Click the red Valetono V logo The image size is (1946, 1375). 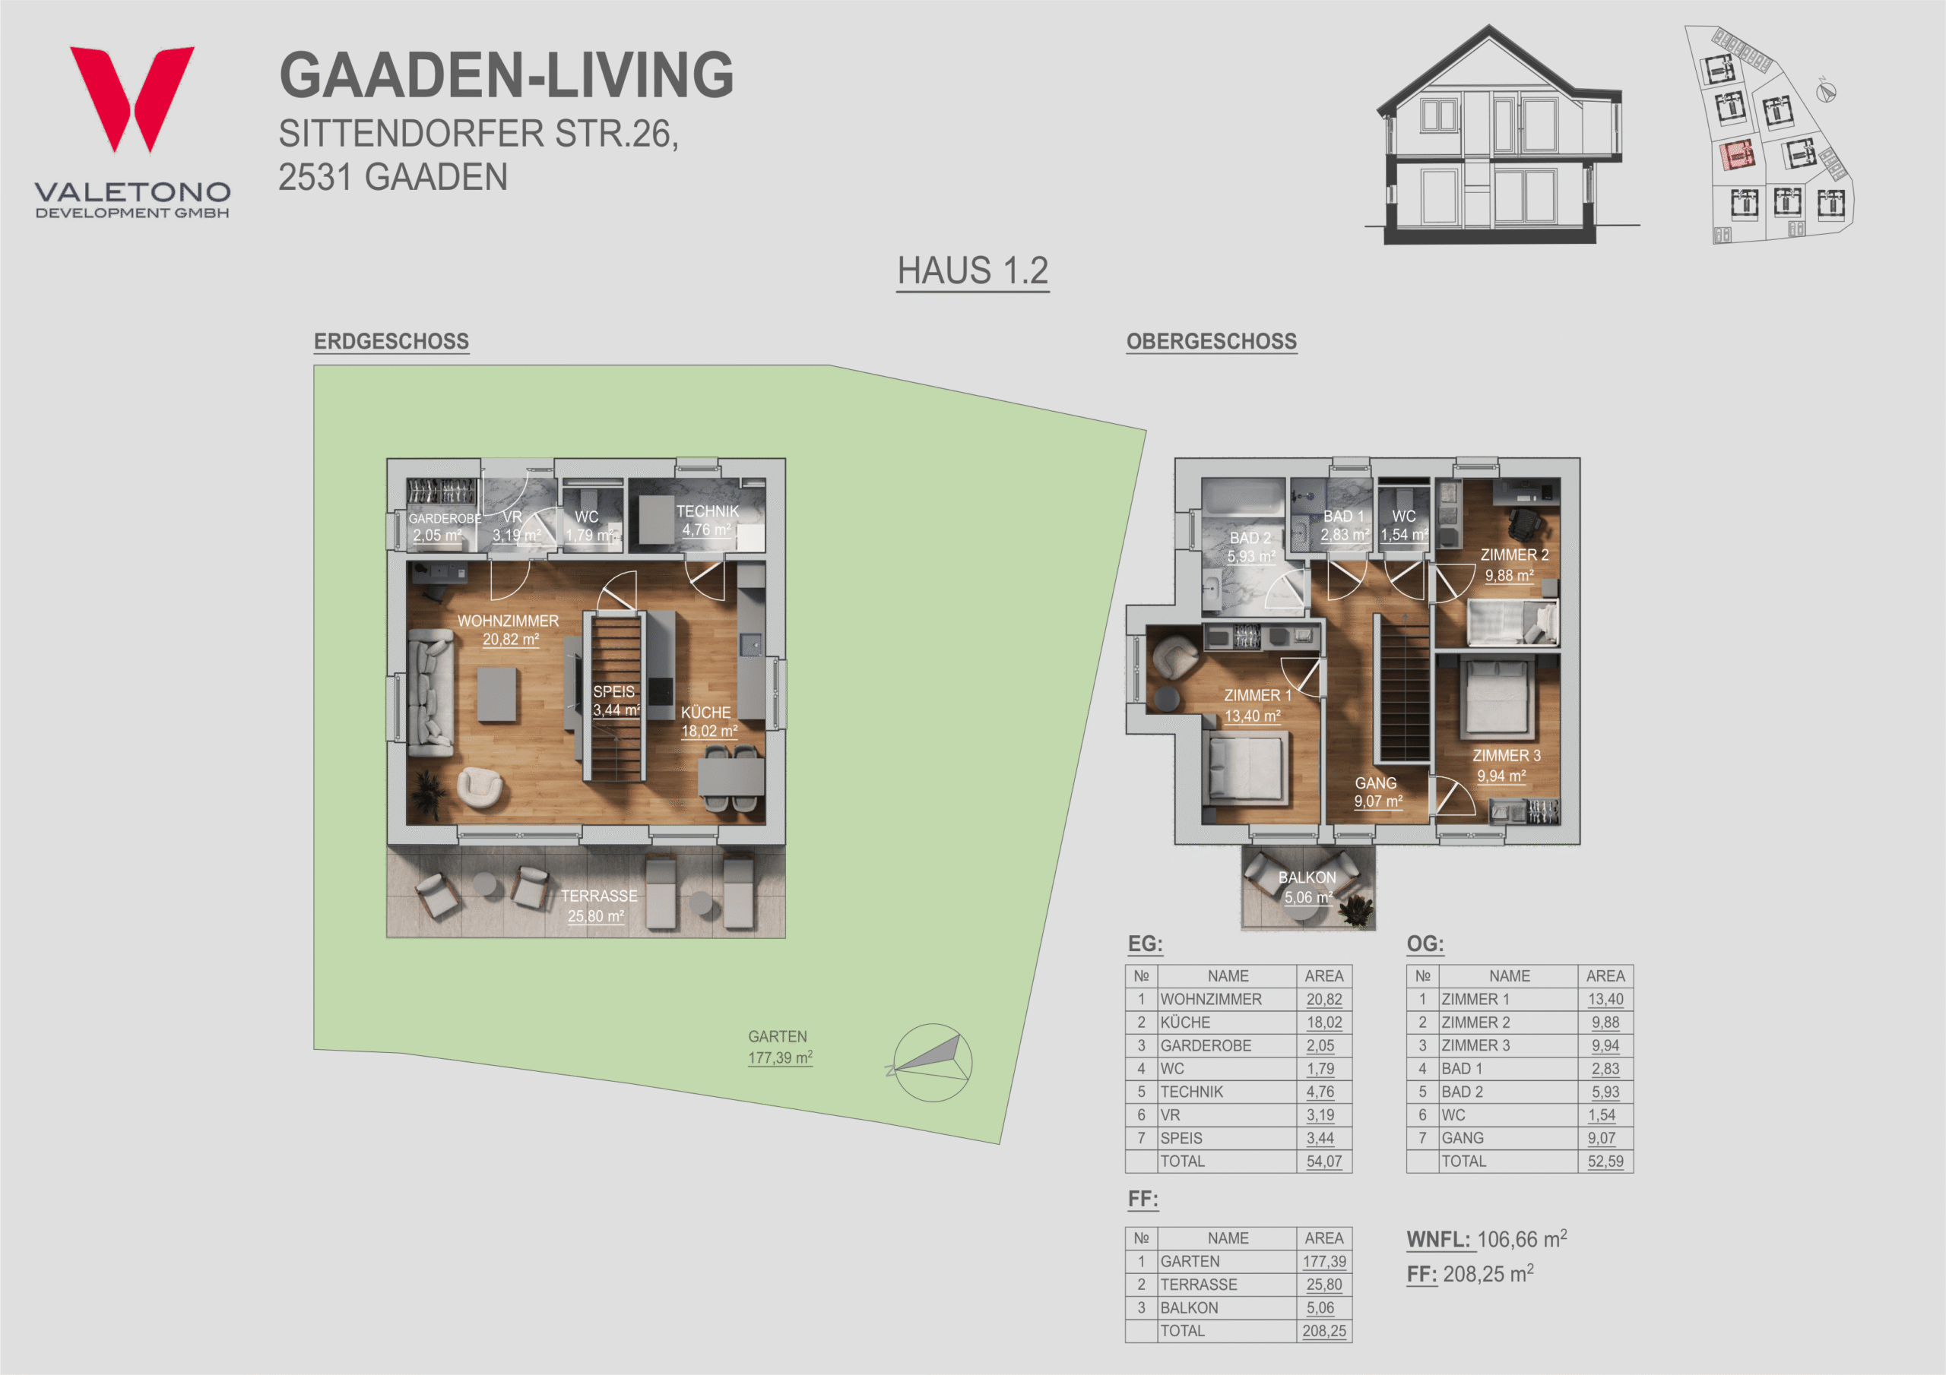(x=132, y=98)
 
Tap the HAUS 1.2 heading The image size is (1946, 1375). (x=973, y=271)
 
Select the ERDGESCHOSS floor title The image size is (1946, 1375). (x=391, y=341)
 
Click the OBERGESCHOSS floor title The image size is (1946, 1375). (x=1211, y=341)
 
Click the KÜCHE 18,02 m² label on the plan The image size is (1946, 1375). (x=708, y=722)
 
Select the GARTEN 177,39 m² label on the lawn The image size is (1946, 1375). (x=780, y=1047)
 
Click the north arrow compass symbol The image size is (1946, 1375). (x=930, y=1062)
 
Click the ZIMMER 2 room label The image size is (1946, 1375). (x=1513, y=565)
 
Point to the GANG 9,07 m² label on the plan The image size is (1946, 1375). (x=1377, y=792)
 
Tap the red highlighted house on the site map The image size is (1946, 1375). (x=1737, y=156)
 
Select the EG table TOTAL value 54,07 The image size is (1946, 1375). (x=1324, y=1162)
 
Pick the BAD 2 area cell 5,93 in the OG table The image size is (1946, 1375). (x=1605, y=1092)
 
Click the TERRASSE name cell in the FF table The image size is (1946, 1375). (x=1199, y=1285)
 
